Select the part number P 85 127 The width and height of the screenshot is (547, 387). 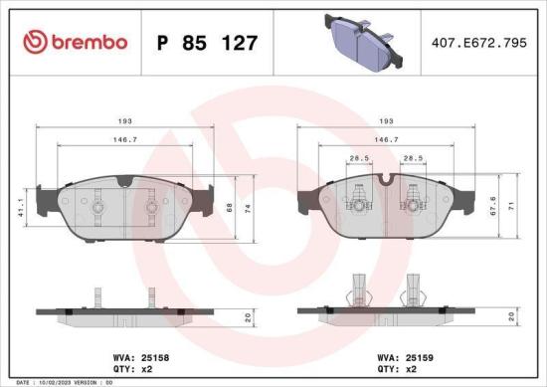coord(208,44)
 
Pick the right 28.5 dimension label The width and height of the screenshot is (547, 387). coord(409,158)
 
